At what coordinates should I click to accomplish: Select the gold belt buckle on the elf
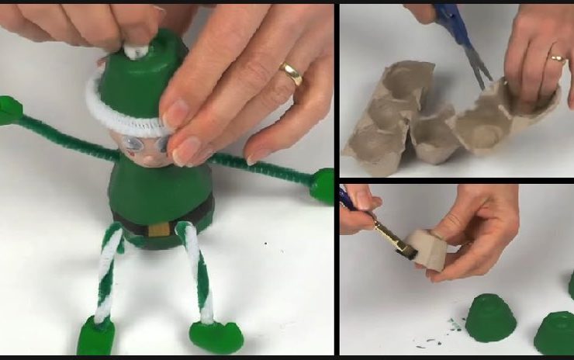pyautogui.click(x=158, y=228)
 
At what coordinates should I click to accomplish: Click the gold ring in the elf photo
pyautogui.click(x=292, y=74)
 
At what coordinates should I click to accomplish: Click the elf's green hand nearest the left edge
pyautogui.click(x=9, y=110)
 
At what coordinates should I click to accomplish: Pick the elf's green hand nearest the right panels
pyautogui.click(x=322, y=186)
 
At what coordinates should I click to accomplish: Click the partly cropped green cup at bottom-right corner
pyautogui.click(x=555, y=332)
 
